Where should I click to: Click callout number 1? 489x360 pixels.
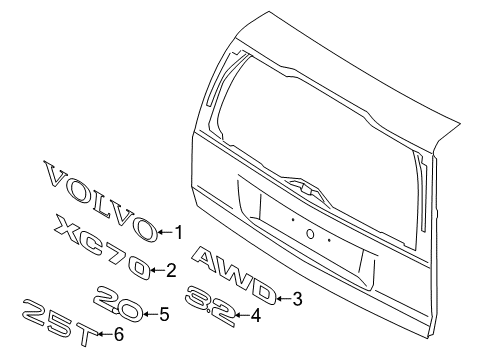click(179, 234)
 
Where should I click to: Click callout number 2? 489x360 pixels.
click(172, 269)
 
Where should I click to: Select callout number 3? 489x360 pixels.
click(297, 298)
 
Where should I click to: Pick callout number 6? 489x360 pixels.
click(118, 334)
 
